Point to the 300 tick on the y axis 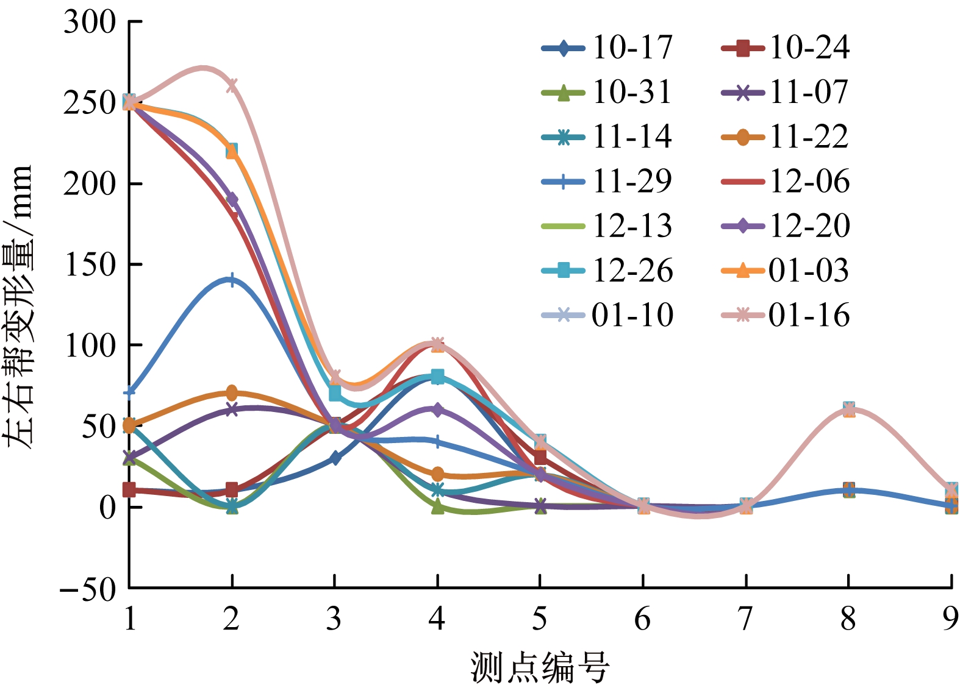point(90,23)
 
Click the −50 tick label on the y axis point(88,589)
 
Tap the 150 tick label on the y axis point(90,264)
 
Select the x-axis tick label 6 point(642,619)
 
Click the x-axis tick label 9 point(950,619)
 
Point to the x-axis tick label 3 point(334,619)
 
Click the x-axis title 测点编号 point(539,667)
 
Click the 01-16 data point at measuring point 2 point(232,85)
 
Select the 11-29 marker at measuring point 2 point(232,280)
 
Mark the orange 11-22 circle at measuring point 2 point(232,392)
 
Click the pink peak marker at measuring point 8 point(848,410)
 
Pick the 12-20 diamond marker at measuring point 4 point(437,410)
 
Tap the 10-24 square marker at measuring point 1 point(129,489)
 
